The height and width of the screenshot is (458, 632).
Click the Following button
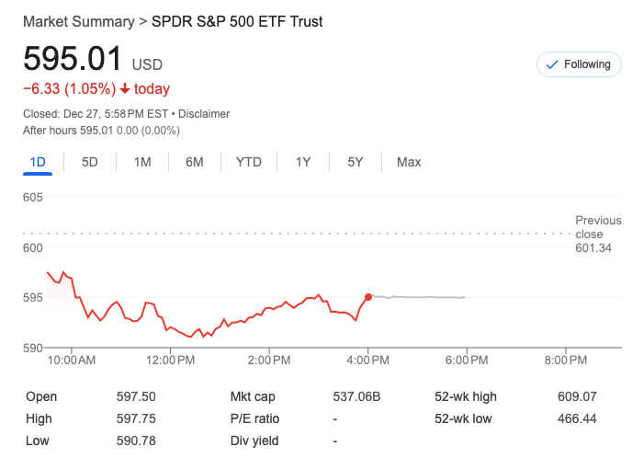click(x=578, y=64)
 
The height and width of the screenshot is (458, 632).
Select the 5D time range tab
click(x=90, y=162)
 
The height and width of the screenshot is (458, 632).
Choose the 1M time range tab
click(x=142, y=162)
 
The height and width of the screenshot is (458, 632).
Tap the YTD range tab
click(x=248, y=162)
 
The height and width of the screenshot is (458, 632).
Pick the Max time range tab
click(x=409, y=162)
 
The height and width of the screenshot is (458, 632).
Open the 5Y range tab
click(x=355, y=162)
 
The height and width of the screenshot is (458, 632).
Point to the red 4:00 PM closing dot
click(x=368, y=297)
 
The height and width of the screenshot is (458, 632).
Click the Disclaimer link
click(x=204, y=114)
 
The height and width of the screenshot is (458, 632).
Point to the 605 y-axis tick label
click(x=33, y=198)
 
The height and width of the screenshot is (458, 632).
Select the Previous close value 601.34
click(x=592, y=248)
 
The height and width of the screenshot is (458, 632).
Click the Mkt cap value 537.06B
click(x=356, y=397)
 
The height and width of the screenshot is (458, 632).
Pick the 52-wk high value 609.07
click(x=577, y=397)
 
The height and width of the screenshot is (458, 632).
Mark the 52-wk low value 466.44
click(x=577, y=418)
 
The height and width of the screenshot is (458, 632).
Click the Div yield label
click(x=254, y=441)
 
